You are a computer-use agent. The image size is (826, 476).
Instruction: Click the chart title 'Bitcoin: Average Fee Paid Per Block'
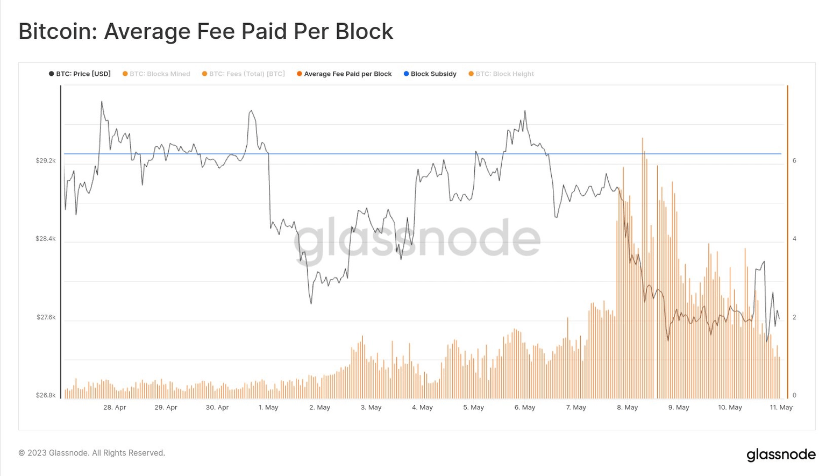click(205, 32)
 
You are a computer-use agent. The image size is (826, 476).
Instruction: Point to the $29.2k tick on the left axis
click(46, 161)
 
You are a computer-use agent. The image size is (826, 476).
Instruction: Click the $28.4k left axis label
click(46, 239)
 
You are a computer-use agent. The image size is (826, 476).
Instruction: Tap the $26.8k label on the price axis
click(46, 395)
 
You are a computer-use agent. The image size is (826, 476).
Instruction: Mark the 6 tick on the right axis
click(794, 161)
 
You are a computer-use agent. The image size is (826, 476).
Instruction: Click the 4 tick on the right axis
click(794, 239)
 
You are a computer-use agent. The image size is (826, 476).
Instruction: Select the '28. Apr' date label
click(115, 408)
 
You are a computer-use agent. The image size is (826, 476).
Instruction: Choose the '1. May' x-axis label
click(268, 408)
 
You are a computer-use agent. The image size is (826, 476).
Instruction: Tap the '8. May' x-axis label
click(627, 408)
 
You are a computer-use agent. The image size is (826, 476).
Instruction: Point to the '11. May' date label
click(781, 408)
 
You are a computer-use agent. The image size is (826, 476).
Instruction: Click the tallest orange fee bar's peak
click(642, 139)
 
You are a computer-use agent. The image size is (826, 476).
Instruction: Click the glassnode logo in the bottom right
click(781, 454)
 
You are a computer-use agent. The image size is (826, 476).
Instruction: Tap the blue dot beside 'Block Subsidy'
click(406, 74)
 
